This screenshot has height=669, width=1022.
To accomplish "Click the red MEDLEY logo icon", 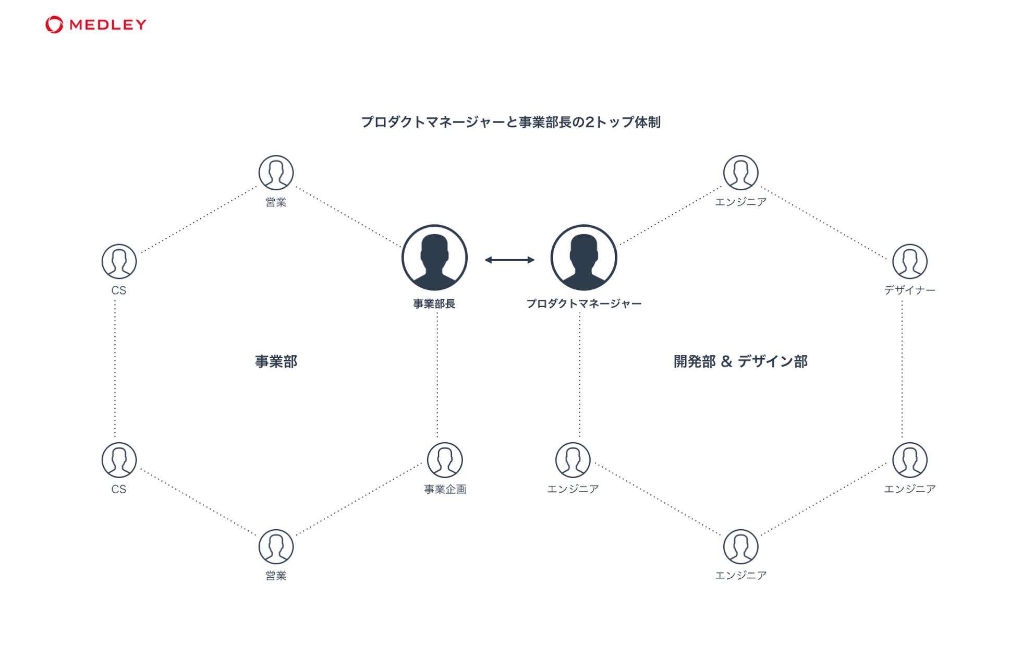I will point(54,25).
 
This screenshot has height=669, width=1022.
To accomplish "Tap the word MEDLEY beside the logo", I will point(108,25).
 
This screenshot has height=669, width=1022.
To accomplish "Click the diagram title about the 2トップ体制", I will point(510,122).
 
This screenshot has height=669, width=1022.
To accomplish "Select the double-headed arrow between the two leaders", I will point(509,260).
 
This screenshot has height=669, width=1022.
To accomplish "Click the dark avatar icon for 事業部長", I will point(434,258).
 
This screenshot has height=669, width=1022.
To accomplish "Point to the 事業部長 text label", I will point(434,304).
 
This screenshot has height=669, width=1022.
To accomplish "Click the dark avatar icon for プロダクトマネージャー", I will point(583,258).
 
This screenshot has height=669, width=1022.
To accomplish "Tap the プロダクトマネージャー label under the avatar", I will point(583,304).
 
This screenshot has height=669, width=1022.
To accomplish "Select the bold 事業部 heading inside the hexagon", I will point(276,361).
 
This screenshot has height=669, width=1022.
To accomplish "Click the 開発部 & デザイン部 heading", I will point(740,361).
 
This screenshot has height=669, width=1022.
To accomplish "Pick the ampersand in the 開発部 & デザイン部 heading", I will point(726,361).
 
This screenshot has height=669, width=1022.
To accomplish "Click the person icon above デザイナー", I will point(909,261).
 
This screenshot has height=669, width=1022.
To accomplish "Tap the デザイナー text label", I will point(909,290).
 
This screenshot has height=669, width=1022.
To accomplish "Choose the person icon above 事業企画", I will point(444,460).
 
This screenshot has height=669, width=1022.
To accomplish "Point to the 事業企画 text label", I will point(445,489).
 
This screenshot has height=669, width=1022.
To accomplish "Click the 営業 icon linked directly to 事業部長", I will point(276,173).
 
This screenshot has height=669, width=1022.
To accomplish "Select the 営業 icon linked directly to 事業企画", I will point(276,546).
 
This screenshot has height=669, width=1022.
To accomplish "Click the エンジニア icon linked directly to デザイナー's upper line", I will point(740,173).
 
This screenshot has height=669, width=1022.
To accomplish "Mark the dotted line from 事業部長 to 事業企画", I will point(437,375).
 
